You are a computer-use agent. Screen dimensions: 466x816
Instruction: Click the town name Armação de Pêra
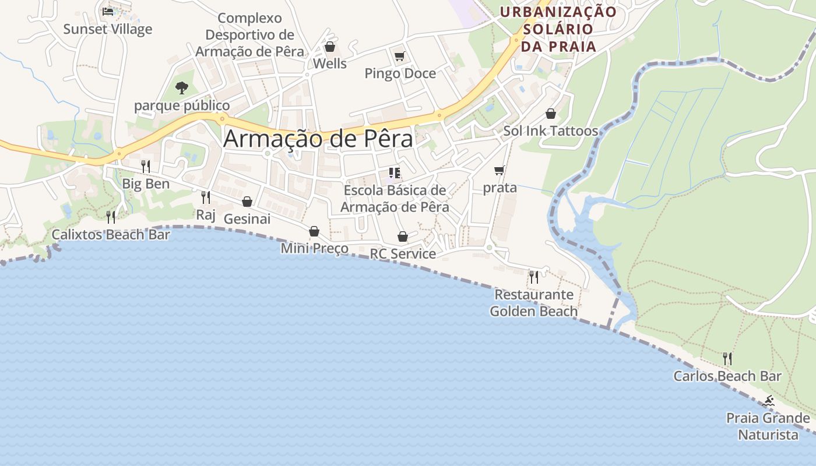[318, 139]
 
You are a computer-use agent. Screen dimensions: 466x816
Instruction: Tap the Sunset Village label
[107, 29]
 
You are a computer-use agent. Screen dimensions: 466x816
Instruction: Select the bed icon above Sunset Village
[108, 11]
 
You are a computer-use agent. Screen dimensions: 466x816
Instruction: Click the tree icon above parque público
[182, 88]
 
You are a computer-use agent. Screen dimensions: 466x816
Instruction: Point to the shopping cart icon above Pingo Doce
[399, 57]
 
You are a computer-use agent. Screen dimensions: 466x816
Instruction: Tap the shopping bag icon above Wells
[330, 47]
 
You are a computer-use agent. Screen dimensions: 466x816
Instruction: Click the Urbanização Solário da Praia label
[558, 29]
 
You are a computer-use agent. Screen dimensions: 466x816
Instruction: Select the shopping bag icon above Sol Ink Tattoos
[551, 114]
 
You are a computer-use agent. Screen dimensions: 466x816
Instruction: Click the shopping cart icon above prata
[499, 171]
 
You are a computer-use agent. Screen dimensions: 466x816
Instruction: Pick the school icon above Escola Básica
[395, 173]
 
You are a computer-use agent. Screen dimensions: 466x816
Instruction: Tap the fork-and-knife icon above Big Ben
[146, 167]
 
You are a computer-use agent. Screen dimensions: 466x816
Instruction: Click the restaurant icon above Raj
[205, 197]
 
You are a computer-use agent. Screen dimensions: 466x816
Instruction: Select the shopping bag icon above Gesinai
[247, 202]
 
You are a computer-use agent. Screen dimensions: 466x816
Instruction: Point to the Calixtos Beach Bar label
[111, 235]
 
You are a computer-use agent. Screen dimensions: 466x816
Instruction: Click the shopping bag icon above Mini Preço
[314, 231]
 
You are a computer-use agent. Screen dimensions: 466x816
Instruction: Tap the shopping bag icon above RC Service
[402, 236]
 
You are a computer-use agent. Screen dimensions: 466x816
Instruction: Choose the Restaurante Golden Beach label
[534, 303]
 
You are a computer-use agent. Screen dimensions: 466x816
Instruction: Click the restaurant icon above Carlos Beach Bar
[727, 358]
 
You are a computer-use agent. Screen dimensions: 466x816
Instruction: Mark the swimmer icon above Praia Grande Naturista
[768, 401]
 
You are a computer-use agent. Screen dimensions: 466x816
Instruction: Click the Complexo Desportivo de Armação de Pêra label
[249, 35]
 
